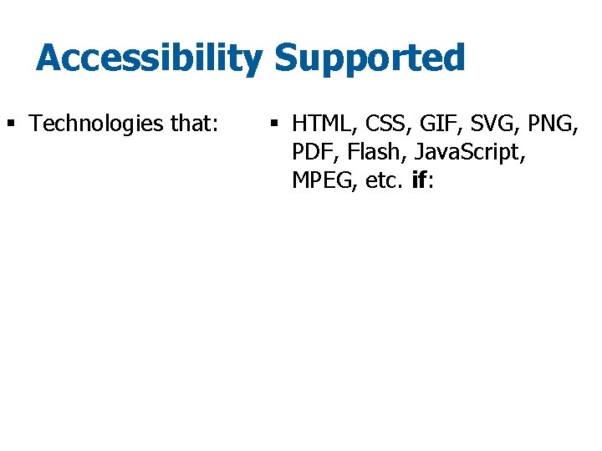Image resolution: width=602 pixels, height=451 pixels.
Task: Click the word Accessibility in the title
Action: click(149, 59)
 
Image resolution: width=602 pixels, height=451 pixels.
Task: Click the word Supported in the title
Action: click(369, 59)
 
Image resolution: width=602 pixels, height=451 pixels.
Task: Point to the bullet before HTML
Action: click(273, 125)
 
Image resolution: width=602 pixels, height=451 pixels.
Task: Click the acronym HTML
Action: click(322, 125)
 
